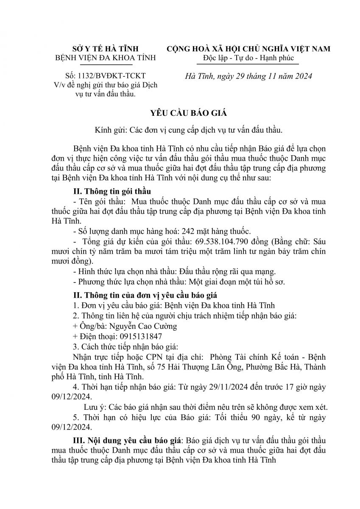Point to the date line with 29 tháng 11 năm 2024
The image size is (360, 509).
pos(249,76)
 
